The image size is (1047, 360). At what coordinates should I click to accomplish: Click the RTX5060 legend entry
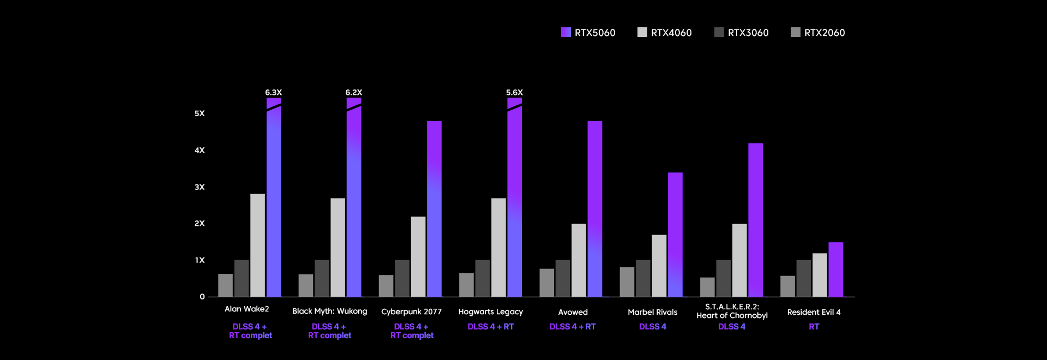point(588,33)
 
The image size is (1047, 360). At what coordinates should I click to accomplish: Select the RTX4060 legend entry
point(664,33)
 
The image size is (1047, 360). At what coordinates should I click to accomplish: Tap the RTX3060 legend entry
point(741,33)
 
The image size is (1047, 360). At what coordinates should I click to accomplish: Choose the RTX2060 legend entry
point(817,33)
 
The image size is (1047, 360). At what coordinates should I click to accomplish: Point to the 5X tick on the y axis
point(200,113)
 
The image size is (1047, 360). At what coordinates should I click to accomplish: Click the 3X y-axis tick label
point(200,187)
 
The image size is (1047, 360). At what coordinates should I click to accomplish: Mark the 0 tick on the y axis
point(202,297)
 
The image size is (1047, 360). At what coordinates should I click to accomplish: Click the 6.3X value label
point(273,93)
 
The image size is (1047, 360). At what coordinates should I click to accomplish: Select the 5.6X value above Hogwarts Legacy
point(514,93)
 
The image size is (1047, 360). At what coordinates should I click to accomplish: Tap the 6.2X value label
point(353,93)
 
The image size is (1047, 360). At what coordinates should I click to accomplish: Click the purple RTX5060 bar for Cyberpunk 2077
point(434,209)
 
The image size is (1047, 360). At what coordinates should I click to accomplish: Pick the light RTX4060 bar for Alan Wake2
point(257,245)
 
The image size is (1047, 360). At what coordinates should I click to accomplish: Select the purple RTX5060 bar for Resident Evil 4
point(835,269)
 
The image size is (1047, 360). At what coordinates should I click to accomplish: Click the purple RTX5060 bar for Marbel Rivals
point(675,235)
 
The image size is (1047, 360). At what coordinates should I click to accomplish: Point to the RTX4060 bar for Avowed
point(579,260)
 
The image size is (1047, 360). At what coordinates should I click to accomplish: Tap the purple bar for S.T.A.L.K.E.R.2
point(755,220)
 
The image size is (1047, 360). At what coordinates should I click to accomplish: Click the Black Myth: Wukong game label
point(329,311)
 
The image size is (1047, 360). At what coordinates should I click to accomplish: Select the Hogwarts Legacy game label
point(490,312)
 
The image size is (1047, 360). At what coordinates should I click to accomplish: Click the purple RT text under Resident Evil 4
point(814,327)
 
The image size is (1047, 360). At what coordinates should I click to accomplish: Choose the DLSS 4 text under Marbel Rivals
point(652,327)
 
